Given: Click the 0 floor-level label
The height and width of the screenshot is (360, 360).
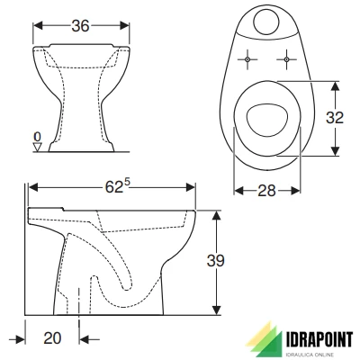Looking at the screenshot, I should [37, 136].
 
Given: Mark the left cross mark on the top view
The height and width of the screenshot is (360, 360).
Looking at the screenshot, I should [246, 60].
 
